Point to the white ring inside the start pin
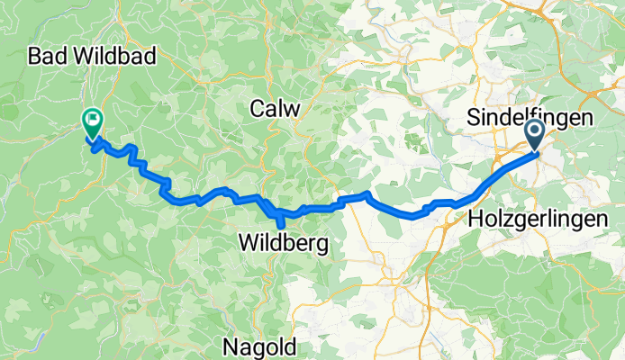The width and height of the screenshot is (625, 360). [533, 132]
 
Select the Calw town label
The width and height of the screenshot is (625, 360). [275, 107]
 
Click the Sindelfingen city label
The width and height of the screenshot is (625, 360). [530, 118]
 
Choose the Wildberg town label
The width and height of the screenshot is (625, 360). [284, 242]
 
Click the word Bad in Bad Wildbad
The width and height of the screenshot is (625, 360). [47, 57]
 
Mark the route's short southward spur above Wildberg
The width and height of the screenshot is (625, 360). [280, 218]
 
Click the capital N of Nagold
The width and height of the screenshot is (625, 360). [229, 346]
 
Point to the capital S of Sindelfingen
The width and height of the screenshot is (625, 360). [472, 118]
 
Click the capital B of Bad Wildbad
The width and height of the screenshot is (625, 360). [34, 57]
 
